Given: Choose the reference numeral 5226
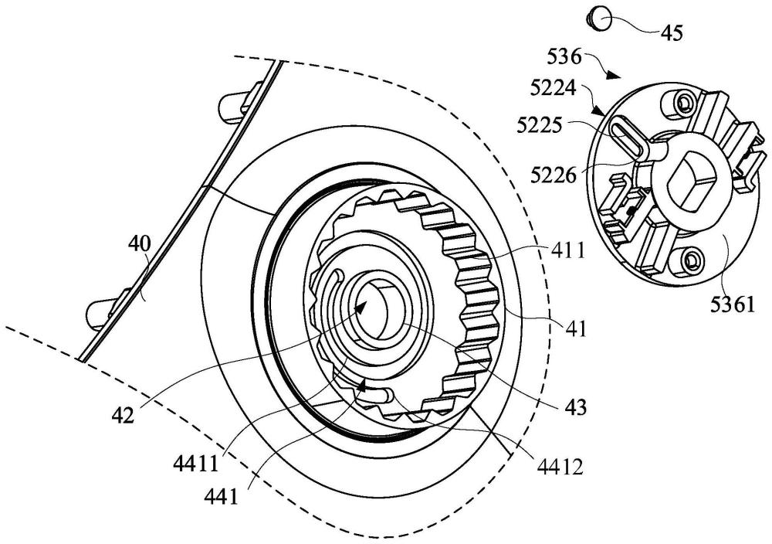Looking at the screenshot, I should pos(558,175).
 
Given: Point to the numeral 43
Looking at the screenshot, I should pos(574,406).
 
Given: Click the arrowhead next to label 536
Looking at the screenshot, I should pos(615,76).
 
